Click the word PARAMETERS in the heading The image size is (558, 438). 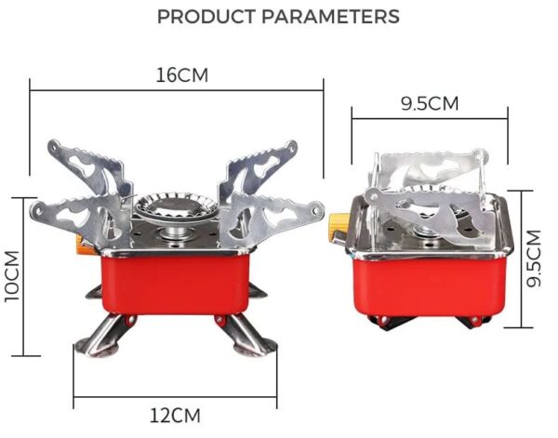click(328, 17)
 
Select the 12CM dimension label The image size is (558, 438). click(175, 415)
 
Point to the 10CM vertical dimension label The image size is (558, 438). click(12, 275)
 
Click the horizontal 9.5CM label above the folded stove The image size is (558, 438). click(430, 103)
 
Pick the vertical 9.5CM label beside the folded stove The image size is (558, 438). click(533, 259)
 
